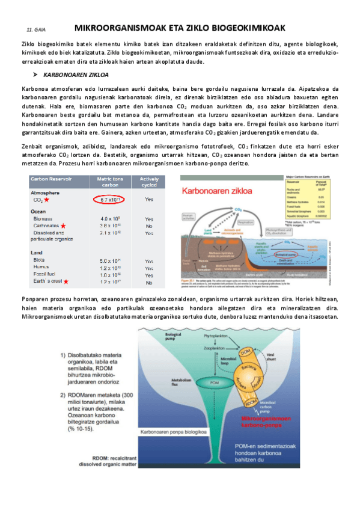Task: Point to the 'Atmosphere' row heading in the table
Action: click(46, 192)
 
